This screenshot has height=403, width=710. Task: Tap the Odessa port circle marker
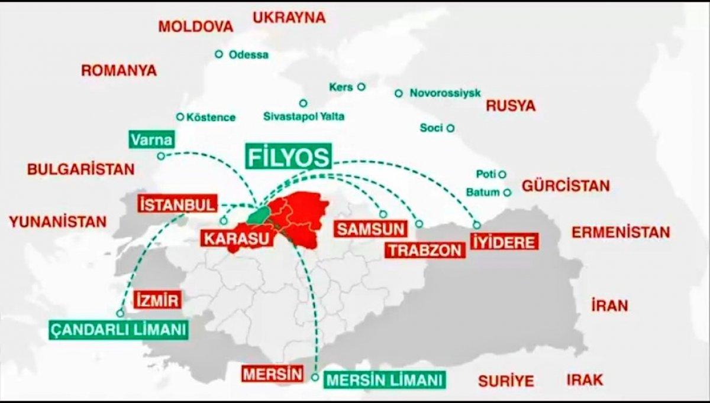[x=219, y=54]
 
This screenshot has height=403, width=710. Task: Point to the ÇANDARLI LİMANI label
[x=118, y=329]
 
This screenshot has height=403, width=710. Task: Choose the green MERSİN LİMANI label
[x=385, y=379]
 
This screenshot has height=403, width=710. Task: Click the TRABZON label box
[x=425, y=250]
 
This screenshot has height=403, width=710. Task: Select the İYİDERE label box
[x=505, y=242]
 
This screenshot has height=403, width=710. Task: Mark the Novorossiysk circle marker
[x=399, y=93]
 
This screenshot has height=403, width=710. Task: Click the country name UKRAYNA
[x=289, y=17]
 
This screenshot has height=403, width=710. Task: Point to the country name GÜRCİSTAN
[x=565, y=186]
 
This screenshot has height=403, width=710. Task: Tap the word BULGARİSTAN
[x=81, y=169]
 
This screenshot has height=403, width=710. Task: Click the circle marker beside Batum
[x=507, y=192]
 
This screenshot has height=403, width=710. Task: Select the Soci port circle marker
[x=451, y=128]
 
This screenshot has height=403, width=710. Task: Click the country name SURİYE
[x=506, y=379]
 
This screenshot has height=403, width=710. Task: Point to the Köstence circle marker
[x=180, y=117]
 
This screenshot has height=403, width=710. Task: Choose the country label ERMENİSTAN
[x=621, y=232]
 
